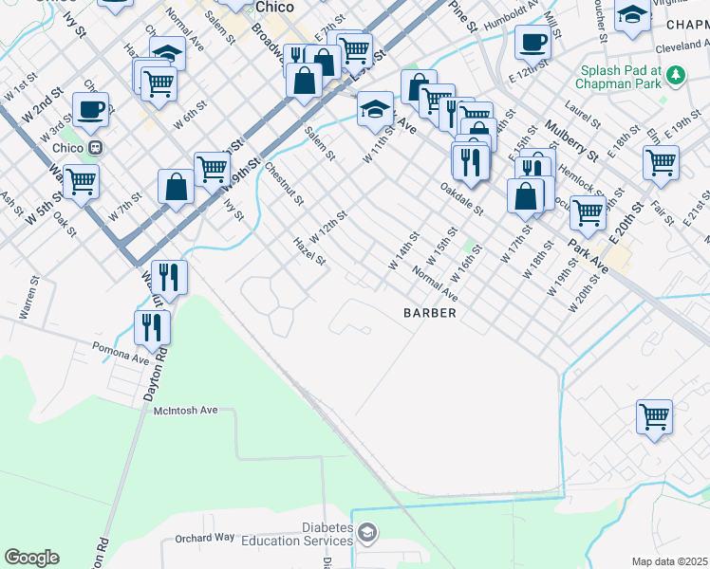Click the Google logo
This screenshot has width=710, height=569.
pyautogui.click(x=31, y=558)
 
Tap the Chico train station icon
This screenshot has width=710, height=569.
pyautogui.click(x=95, y=148)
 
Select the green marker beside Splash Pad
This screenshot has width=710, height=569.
pyautogui.click(x=675, y=73)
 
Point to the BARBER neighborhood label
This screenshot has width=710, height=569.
pyautogui.click(x=430, y=312)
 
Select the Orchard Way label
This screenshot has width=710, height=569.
pyautogui.click(x=204, y=538)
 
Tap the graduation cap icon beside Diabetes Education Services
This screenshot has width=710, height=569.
pyautogui.click(x=367, y=536)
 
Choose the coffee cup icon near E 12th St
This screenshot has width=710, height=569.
pyautogui.click(x=532, y=42)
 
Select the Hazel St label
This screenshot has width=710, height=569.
pyautogui.click(x=310, y=252)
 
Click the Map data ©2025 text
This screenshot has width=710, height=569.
pyautogui.click(x=670, y=561)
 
